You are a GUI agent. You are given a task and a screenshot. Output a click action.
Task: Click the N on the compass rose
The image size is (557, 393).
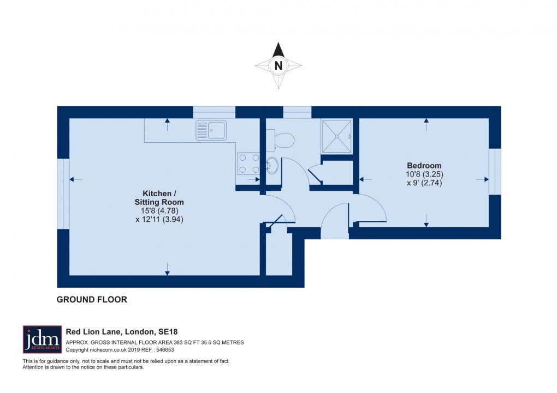[278, 66]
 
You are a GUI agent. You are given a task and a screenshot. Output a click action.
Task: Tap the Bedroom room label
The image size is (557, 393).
[424, 166]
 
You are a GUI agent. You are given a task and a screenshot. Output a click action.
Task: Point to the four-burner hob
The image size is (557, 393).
[248, 164]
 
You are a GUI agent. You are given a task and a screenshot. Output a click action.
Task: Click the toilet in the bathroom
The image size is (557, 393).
[283, 140]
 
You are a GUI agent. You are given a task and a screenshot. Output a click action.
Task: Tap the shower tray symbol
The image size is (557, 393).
[336, 136]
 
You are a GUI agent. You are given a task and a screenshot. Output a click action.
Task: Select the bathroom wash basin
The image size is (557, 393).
[272, 165]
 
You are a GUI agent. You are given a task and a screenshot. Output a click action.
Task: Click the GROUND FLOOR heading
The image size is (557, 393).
[92, 299]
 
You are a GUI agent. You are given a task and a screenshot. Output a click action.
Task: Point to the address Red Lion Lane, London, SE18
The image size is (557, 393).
[122, 331]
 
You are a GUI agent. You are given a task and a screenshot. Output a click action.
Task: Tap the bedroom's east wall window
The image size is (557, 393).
[495, 171]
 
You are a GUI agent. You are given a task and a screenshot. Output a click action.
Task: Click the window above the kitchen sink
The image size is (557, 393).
[214, 112]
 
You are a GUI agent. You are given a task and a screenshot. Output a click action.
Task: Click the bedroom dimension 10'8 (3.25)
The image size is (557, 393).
[424, 174]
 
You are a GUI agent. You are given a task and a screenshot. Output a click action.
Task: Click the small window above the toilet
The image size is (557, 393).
[297, 112]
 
